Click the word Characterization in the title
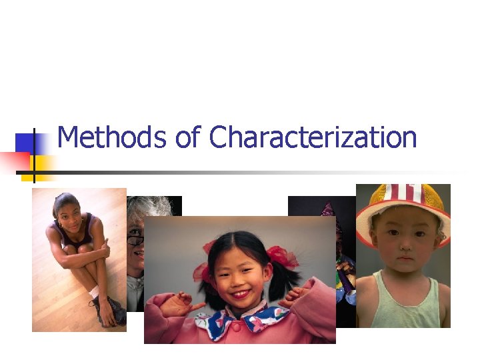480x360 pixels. [x=313, y=138]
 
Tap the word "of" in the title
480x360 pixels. [x=187, y=138]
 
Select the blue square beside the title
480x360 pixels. [x=26, y=143]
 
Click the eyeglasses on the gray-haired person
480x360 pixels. [x=135, y=240]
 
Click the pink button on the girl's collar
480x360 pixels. [x=234, y=328]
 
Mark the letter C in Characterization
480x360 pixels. [x=219, y=138]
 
